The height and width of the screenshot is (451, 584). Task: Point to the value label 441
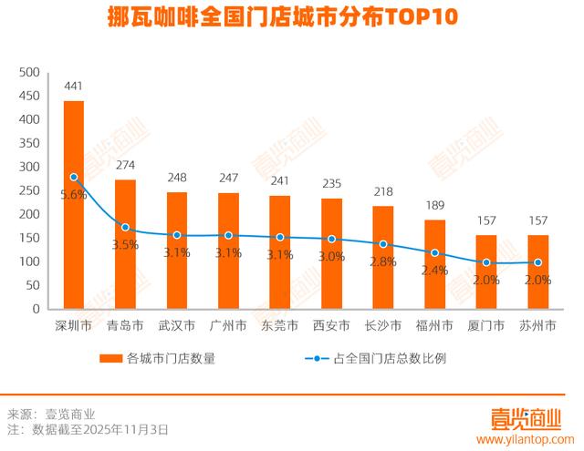tap(74, 87)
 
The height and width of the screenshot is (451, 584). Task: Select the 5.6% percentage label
tap(74, 195)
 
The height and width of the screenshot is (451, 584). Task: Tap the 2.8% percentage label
tap(383, 262)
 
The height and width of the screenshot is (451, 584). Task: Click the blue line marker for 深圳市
tap(74, 177)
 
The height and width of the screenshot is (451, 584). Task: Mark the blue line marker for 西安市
tap(332, 239)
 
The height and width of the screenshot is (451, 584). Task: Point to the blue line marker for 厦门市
tap(486, 262)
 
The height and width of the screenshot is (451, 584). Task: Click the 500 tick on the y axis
tap(30, 73)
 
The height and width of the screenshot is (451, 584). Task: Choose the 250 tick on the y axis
tap(30, 190)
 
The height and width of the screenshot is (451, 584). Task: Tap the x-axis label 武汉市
tap(177, 325)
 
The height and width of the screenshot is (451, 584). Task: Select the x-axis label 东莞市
tap(280, 325)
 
